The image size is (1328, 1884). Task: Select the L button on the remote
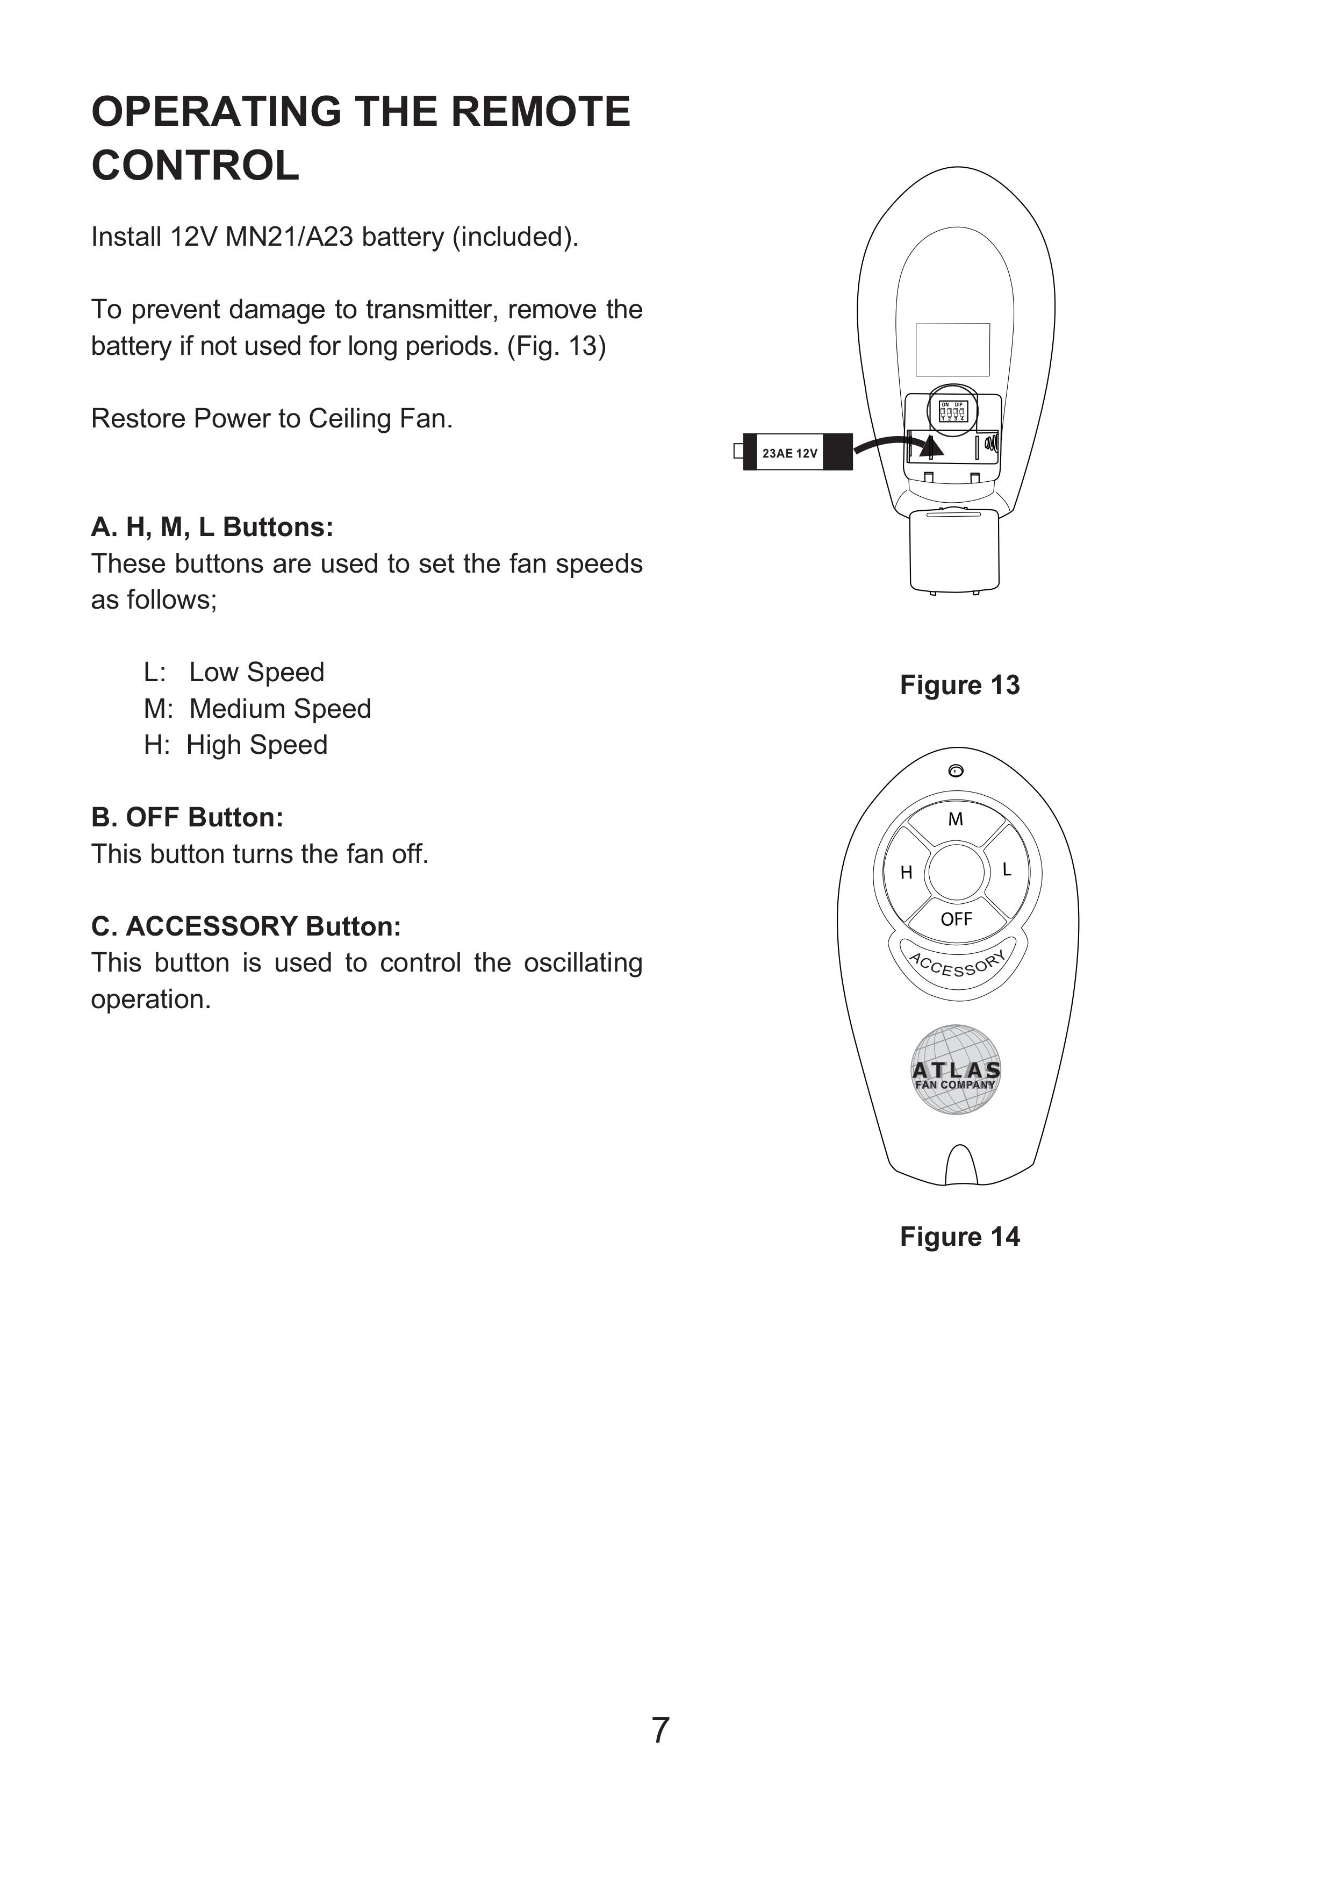coord(1007,870)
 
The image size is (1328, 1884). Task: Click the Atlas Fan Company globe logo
coord(957,1070)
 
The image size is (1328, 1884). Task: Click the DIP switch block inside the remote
coord(952,411)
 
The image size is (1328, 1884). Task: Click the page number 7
coord(661,1730)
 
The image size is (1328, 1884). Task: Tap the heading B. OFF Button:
coord(187,817)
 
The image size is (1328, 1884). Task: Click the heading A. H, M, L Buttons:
coord(212,527)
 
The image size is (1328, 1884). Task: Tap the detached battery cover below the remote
coord(955,550)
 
